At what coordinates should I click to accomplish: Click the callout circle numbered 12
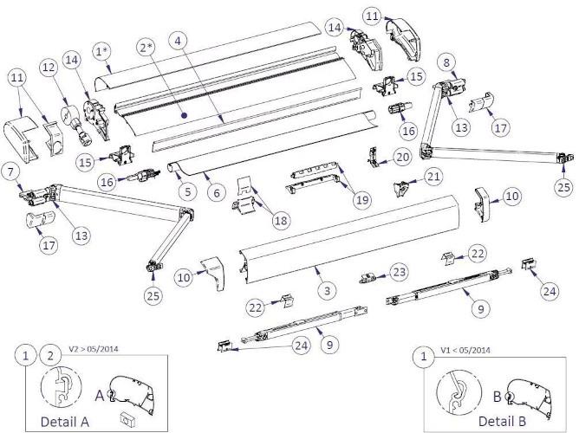49,66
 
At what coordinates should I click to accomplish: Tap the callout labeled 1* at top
101,51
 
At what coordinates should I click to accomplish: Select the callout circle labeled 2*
145,48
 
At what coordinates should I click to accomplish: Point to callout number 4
177,41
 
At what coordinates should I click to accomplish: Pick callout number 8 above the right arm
446,62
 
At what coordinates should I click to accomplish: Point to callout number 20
402,158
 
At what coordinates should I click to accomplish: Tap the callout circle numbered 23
399,271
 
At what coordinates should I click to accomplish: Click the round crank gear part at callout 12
68,112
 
